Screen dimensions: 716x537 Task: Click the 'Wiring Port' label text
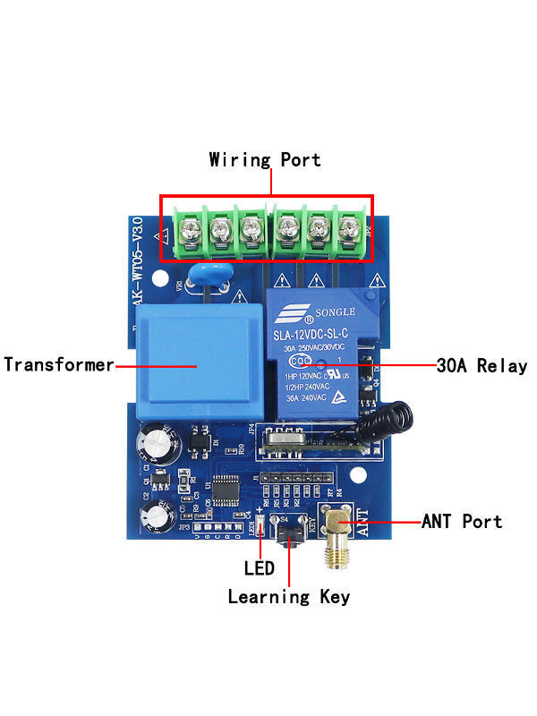[265, 160]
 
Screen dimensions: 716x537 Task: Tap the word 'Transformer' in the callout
[59, 365]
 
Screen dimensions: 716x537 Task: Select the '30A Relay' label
[482, 366]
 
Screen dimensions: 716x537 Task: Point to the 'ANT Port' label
[462, 522]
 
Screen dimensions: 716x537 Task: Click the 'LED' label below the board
[259, 567]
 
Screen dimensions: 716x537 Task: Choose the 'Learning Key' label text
[288, 596]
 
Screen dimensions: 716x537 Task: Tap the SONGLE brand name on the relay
[330, 313]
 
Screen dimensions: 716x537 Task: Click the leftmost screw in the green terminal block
[187, 232]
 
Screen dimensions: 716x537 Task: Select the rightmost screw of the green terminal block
[347, 232]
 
